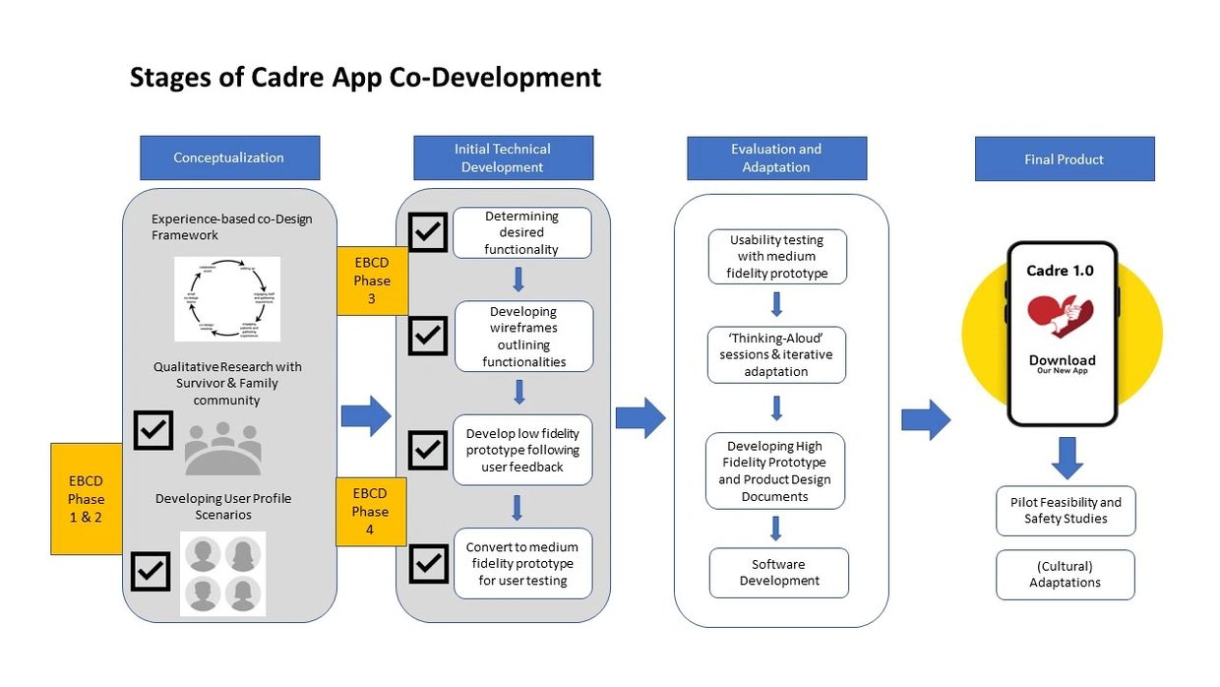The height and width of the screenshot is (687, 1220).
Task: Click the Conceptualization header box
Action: click(229, 157)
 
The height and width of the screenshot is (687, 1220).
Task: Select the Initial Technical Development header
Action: click(503, 157)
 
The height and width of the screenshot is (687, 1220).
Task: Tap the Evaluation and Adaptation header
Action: click(776, 157)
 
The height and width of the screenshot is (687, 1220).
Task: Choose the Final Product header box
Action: click(1064, 158)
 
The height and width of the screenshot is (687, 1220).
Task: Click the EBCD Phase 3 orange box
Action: click(372, 281)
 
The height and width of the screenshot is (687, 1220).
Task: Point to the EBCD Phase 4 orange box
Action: click(370, 511)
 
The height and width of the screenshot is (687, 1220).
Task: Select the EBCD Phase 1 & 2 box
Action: click(86, 498)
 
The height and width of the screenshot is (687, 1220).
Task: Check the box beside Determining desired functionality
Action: click(428, 232)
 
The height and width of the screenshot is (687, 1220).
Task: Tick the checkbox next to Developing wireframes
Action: click(428, 336)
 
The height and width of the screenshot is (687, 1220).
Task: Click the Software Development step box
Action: click(779, 573)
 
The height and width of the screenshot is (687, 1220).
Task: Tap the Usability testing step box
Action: click(777, 256)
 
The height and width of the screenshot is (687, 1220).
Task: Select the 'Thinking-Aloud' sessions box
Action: click(776, 354)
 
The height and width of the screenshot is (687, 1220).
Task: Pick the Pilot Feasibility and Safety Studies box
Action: click(1066, 511)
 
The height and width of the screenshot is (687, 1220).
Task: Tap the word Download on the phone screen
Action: click(1062, 360)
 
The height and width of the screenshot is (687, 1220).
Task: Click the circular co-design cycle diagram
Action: click(227, 299)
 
